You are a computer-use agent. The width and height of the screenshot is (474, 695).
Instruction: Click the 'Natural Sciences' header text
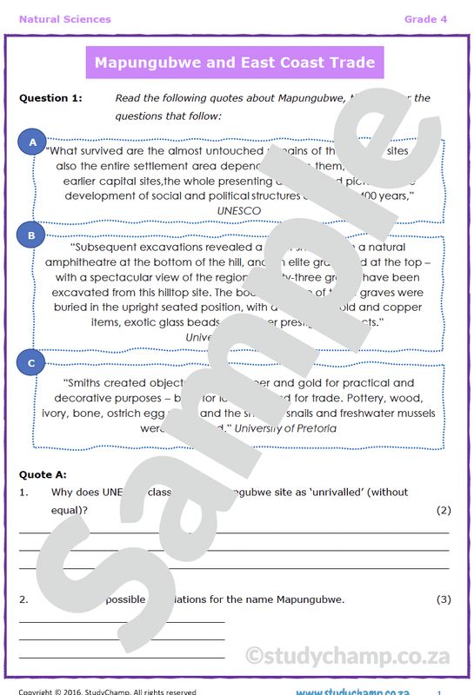(x=64, y=19)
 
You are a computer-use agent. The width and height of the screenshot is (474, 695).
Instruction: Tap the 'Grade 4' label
(x=425, y=19)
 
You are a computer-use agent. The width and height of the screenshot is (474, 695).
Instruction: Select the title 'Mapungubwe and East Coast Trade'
(x=235, y=63)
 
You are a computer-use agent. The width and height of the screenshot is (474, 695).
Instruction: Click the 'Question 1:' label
(x=50, y=98)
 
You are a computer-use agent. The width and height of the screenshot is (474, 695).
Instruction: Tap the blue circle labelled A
(x=33, y=142)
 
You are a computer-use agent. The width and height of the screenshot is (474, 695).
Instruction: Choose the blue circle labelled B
(x=31, y=235)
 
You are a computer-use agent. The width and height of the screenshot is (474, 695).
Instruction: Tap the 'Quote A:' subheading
(x=43, y=474)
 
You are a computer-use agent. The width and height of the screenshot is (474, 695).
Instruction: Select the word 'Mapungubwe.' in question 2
(x=309, y=599)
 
